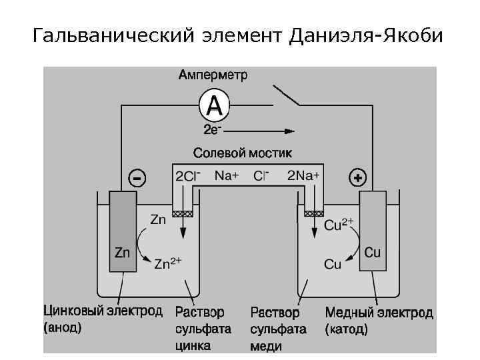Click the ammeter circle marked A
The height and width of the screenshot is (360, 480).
[214, 105]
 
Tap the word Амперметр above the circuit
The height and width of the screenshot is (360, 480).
[213, 75]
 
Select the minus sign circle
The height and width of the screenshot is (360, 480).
[137, 179]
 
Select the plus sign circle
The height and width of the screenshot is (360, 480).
[358, 178]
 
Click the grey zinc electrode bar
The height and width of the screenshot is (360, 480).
[123, 231]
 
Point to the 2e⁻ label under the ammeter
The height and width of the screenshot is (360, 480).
[213, 129]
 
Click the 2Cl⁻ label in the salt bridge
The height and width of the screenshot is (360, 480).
[187, 177]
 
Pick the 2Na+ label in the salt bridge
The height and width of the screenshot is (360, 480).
[303, 176]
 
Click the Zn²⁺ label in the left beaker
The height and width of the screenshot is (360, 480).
[168, 263]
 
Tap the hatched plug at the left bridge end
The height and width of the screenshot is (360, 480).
[183, 214]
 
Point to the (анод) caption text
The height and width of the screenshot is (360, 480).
[63, 328]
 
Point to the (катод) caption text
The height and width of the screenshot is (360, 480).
[347, 329]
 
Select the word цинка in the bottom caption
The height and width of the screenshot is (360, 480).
[193, 345]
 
